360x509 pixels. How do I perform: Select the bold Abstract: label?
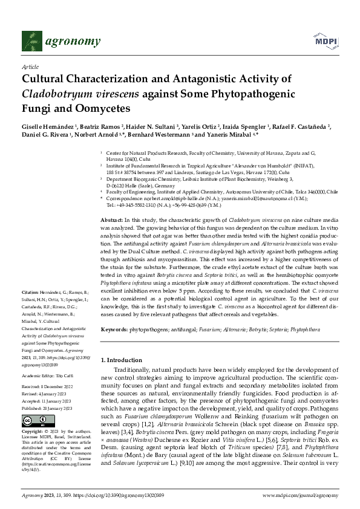point(111,219)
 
